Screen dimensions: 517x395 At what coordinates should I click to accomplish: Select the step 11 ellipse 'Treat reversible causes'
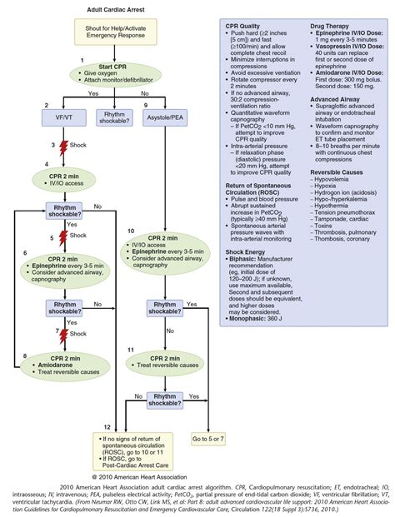tap(164, 363)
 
